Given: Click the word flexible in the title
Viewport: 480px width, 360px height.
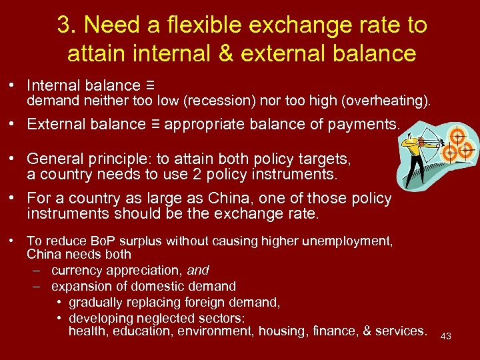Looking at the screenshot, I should click(x=207, y=25).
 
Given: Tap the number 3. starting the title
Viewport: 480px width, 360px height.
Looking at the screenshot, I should click(x=65, y=25).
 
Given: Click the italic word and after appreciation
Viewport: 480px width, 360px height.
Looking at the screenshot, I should click(x=198, y=270).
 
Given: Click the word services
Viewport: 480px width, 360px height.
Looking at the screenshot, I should click(x=401, y=331).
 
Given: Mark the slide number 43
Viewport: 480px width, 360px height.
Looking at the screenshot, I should click(x=446, y=336).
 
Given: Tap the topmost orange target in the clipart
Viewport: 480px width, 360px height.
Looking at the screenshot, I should click(x=457, y=135).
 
